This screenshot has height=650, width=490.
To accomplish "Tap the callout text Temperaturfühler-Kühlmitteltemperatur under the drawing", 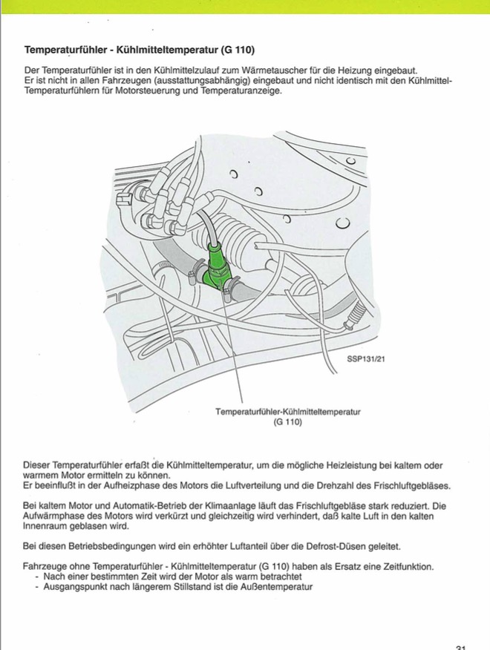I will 287,411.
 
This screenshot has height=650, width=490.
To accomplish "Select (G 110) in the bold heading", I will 238,50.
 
